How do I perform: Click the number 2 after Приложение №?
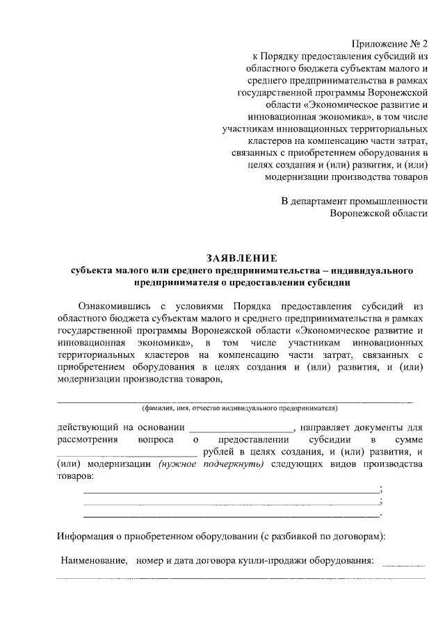point(424,42)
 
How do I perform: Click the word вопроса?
point(156,440)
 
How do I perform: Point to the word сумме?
point(407,440)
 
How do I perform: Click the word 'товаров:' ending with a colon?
point(73,477)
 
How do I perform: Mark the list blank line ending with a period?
point(231,516)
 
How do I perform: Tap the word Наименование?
point(93,559)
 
